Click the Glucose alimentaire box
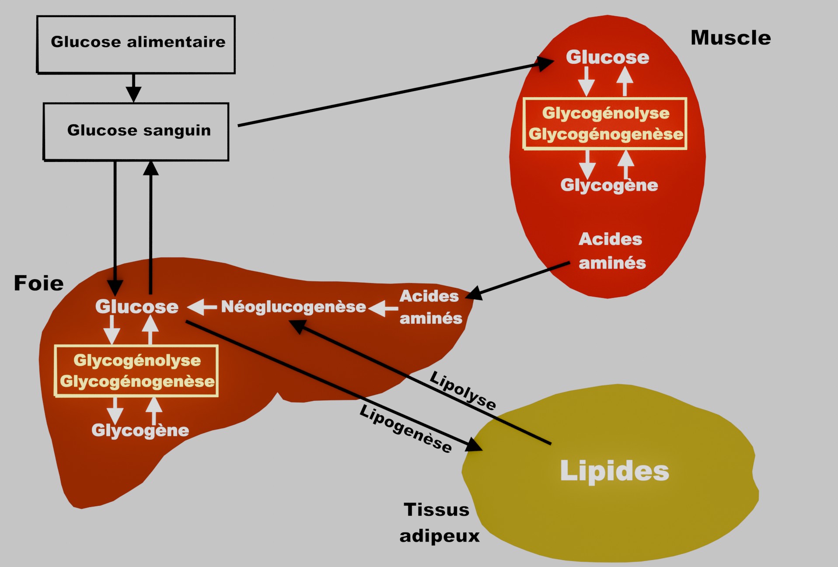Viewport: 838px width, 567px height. tap(136, 44)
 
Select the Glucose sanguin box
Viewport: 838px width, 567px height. tap(136, 131)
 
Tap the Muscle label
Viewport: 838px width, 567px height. tap(730, 38)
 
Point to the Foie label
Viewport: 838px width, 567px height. tap(38, 283)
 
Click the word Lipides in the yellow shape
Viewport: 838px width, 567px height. tap(614, 471)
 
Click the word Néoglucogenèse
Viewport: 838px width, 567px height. tap(293, 307)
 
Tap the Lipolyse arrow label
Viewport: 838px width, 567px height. tap(463, 391)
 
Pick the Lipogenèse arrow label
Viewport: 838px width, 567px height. tap(405, 429)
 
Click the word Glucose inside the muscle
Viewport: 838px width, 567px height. tap(607, 57)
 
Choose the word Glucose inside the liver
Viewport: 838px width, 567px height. tap(137, 307)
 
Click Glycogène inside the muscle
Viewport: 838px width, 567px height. tap(609, 185)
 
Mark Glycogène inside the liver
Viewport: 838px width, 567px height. tap(140, 430)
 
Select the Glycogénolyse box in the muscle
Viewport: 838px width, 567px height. tap(605, 124)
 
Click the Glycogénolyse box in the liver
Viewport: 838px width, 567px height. tap(136, 371)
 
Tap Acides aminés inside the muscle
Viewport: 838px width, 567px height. tap(611, 251)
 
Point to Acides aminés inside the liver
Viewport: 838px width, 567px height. tap(430, 307)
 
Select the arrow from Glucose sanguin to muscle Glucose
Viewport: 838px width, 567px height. tap(394, 94)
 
